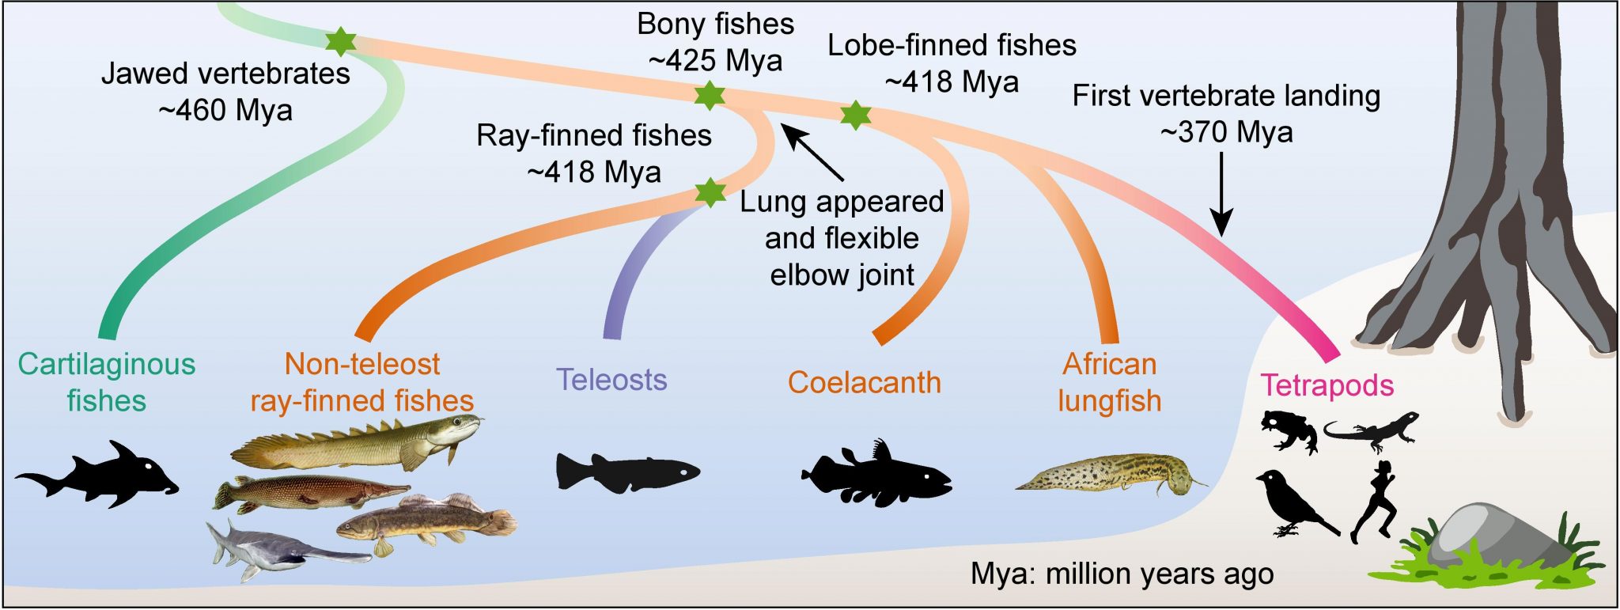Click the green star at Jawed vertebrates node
(341, 40)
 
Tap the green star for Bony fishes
(710, 95)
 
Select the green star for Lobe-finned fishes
(855, 116)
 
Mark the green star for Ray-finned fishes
(710, 192)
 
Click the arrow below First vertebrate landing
(1222, 195)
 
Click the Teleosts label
(611, 380)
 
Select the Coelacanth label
(864, 383)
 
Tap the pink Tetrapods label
(1327, 385)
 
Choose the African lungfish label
(1109, 382)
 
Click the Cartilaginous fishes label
(107, 382)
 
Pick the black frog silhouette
(1289, 430)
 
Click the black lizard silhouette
(1371, 430)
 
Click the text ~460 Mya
(225, 110)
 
